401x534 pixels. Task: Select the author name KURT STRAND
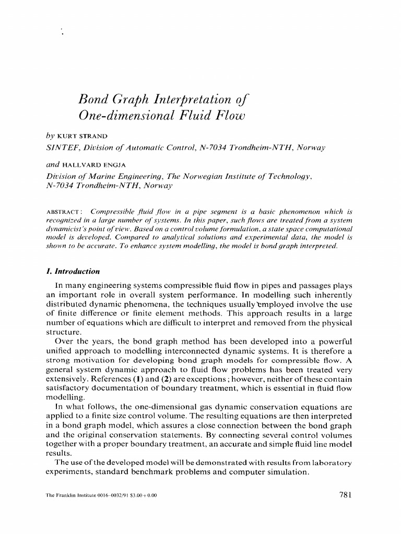pos(82,137)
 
